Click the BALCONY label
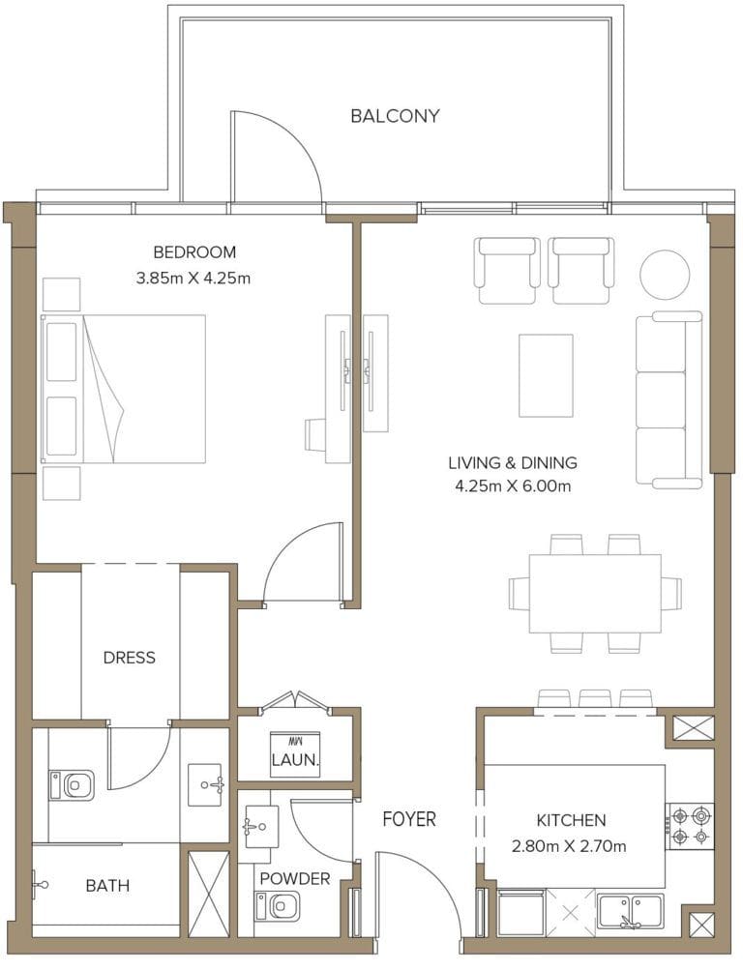click(x=395, y=116)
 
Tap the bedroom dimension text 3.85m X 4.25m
click(x=194, y=279)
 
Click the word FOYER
click(x=408, y=820)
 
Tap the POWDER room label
click(x=295, y=879)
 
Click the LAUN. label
click(x=295, y=760)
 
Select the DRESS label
click(x=129, y=658)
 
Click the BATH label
click(x=107, y=885)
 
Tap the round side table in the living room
click(x=665, y=275)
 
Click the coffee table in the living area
click(x=546, y=375)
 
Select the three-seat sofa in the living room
click(x=669, y=399)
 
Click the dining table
click(x=595, y=594)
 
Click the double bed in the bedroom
click(x=124, y=389)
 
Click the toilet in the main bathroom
click(x=72, y=784)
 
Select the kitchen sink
click(x=630, y=910)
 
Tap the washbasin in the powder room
click(x=260, y=827)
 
